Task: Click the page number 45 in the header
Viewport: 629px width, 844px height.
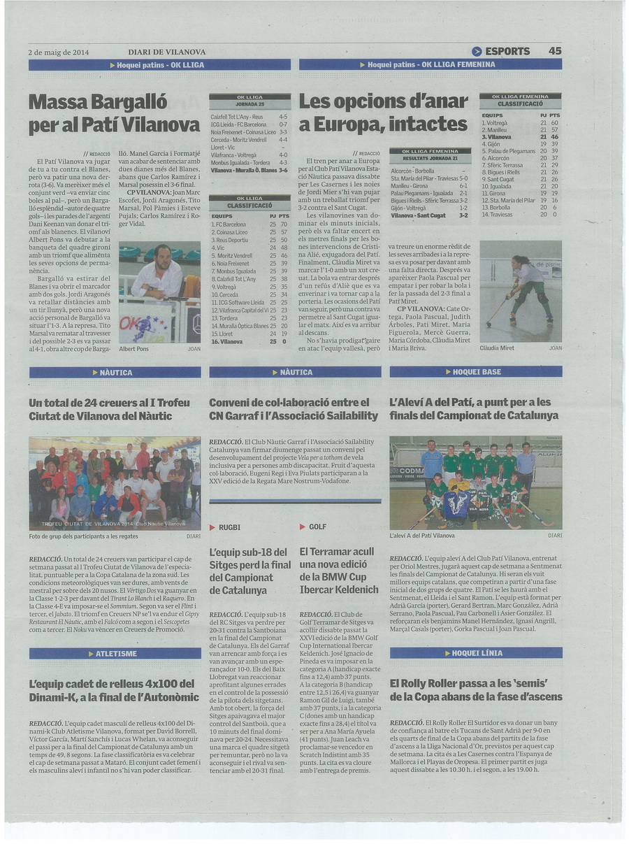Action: (555, 51)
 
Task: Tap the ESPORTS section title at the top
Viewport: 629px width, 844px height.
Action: (507, 51)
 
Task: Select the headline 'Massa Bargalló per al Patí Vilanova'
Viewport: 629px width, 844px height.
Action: (114, 113)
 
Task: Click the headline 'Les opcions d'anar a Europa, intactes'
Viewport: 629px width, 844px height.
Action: (383, 113)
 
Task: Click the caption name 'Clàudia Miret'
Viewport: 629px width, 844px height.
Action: (497, 348)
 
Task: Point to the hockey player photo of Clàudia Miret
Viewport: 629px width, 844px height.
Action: (521, 290)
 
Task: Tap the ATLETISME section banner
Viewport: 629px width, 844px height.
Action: (115, 654)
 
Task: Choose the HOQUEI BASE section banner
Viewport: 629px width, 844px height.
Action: (476, 372)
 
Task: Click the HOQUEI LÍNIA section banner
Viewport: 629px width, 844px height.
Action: (476, 653)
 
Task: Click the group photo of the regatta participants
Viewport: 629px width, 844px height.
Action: (115, 483)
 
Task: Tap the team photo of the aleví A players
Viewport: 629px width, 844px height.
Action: (475, 483)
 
